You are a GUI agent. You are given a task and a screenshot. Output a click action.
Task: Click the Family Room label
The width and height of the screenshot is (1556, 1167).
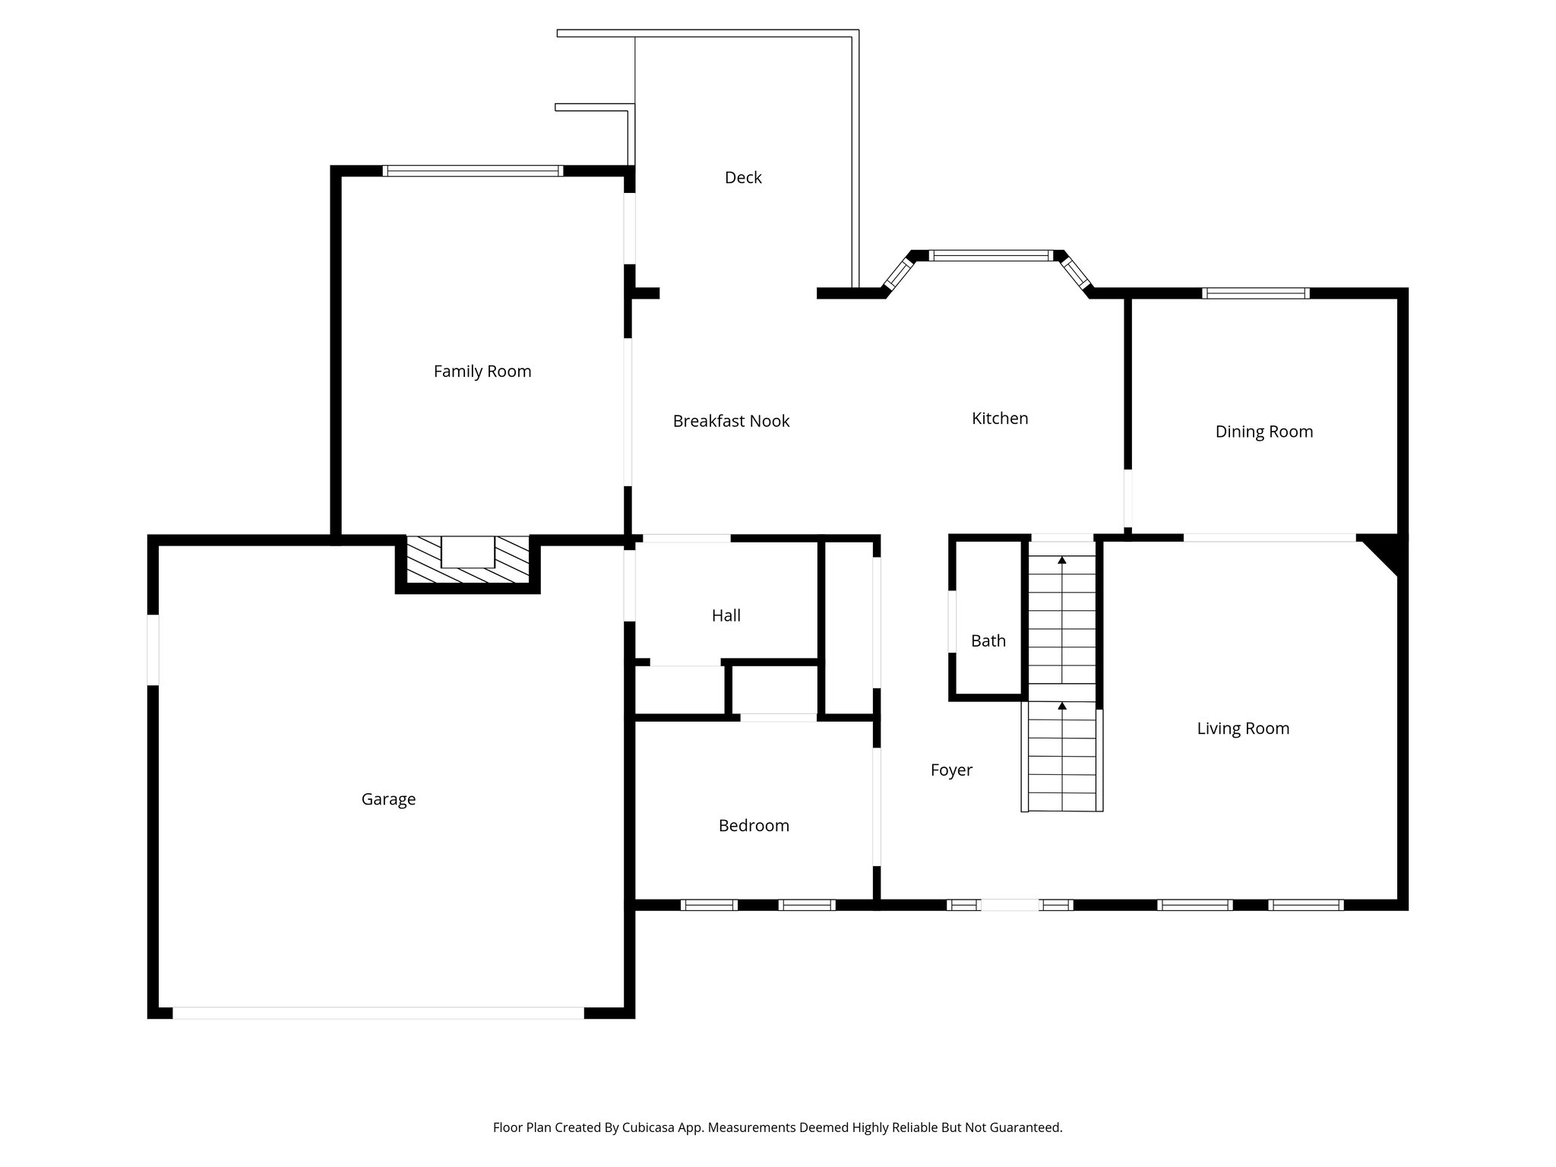click(482, 372)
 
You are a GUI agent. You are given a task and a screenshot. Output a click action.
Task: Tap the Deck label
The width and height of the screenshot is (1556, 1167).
click(742, 178)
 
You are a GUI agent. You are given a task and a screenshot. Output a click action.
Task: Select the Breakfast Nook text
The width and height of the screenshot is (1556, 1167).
click(731, 421)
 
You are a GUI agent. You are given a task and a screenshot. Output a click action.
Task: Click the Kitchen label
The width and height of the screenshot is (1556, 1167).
click(999, 419)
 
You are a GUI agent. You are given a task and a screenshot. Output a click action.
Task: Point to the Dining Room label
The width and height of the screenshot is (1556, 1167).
click(1263, 432)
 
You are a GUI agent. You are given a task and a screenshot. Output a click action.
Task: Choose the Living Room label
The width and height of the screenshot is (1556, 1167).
click(1242, 729)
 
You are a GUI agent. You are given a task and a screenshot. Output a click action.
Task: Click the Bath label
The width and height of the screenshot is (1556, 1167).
click(988, 641)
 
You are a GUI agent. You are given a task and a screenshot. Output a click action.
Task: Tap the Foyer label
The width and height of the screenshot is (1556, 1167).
click(951, 770)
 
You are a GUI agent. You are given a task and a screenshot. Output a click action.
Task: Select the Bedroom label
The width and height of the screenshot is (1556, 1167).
click(753, 826)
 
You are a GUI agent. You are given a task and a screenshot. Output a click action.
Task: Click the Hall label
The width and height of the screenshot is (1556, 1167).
click(726, 616)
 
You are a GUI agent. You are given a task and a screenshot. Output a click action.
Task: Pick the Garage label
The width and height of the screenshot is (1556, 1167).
click(387, 799)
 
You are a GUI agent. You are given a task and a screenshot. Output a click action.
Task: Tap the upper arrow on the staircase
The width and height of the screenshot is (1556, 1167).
click(1061, 561)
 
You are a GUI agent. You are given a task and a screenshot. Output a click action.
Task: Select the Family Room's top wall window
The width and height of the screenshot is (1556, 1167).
click(473, 171)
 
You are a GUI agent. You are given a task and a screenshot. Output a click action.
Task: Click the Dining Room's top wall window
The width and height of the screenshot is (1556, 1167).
click(1255, 293)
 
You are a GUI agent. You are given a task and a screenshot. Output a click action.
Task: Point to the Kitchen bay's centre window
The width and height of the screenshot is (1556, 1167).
click(990, 256)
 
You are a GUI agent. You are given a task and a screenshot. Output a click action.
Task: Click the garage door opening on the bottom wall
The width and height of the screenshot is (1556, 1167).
click(378, 1013)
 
